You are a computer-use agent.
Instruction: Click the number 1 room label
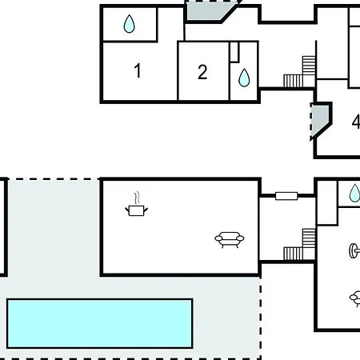pos(138,70)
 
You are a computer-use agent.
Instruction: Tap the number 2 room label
pos(202,72)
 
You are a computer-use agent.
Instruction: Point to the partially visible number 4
pos(356,122)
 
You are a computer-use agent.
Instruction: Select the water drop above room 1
pos(130,24)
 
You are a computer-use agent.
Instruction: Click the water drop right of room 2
pos(244,78)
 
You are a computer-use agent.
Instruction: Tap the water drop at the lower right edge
pos(354,193)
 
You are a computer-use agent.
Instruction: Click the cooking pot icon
pos(136,210)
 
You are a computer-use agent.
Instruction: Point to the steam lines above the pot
pos(137,198)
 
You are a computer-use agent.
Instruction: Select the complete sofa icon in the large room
pos(230,240)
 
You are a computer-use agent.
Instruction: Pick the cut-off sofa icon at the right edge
pos(355,299)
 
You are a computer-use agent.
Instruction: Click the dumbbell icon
pos(354,250)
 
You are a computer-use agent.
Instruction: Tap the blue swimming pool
pos(100,323)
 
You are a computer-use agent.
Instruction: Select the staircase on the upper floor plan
pos(299,72)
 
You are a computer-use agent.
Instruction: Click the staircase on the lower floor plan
pos(299,245)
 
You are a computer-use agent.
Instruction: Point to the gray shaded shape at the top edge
pos(210,10)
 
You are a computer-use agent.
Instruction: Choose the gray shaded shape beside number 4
pos(319,120)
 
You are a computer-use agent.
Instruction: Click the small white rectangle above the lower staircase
pos(286,196)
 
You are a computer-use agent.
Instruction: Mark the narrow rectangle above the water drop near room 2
pos(234,52)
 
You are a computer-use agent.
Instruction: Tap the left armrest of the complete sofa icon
pos(218,238)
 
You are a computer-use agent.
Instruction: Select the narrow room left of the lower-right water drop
pos(327,202)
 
